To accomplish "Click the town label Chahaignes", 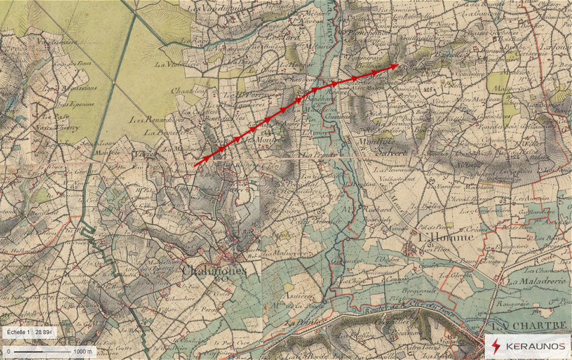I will tap(214, 271).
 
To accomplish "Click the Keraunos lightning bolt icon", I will tap(496, 346).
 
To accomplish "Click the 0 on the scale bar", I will tap(9, 351).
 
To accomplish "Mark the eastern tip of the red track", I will tap(398, 65).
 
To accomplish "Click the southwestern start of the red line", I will tap(195, 166).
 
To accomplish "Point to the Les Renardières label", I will tap(148, 120).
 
